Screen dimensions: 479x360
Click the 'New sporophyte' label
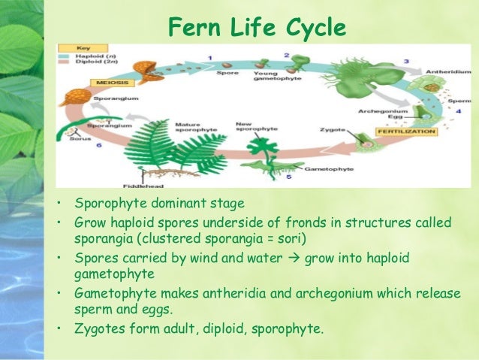pyautogui.click(x=249, y=128)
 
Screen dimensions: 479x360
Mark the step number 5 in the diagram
pyautogui.click(x=288, y=177)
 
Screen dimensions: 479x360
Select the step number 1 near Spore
pyautogui.click(x=209, y=58)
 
